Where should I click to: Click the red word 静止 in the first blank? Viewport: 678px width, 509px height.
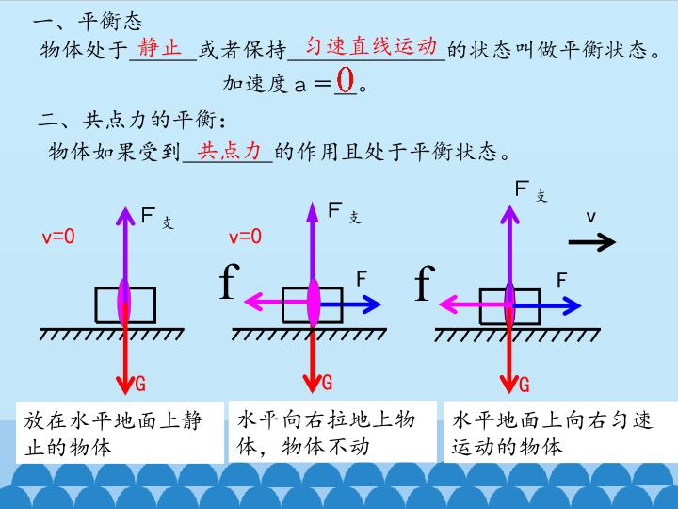(159, 47)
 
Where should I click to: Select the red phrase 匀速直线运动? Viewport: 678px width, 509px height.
(371, 46)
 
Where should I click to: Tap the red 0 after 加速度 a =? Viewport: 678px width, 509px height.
(345, 80)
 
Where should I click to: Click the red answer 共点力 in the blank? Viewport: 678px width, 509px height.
(229, 151)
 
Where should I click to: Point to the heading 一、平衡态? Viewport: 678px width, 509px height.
(88, 21)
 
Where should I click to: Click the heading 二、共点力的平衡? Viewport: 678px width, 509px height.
(132, 120)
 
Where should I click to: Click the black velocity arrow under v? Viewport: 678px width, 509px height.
(592, 242)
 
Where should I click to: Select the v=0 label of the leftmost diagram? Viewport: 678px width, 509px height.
(58, 237)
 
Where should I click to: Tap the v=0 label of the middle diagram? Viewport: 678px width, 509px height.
(246, 237)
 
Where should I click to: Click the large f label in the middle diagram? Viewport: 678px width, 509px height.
(230, 281)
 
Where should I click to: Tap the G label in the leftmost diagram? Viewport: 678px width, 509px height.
(140, 384)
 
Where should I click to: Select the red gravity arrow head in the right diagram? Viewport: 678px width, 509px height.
(509, 384)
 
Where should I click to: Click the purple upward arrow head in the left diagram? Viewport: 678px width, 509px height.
(125, 216)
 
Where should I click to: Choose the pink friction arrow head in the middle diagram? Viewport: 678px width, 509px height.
(253, 302)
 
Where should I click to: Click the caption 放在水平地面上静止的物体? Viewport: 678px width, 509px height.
(113, 434)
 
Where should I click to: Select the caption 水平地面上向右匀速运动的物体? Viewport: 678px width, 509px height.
(552, 434)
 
